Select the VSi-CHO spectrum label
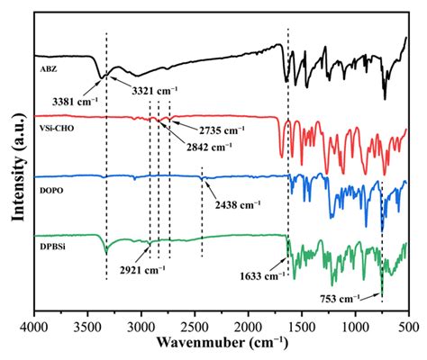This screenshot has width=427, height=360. (56, 117)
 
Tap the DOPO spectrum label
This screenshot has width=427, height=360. (52, 180)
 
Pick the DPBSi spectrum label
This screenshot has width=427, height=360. (53, 240)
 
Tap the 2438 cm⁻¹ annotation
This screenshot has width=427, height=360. (237, 204)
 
